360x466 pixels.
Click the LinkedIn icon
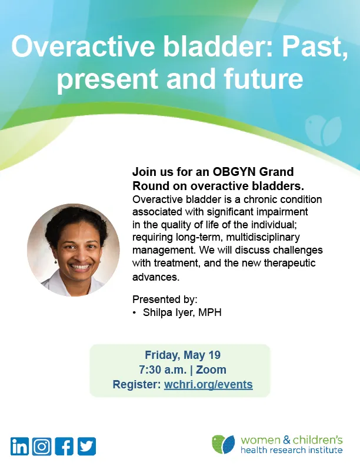pyautogui.click(x=19, y=447)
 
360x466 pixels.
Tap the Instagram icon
pyautogui.click(x=42, y=447)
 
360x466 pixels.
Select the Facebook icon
pyautogui.click(x=64, y=447)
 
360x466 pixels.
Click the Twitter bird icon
pyautogui.click(x=86, y=447)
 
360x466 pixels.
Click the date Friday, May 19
pyautogui.click(x=179, y=355)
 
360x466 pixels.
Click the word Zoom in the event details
pyautogui.click(x=211, y=370)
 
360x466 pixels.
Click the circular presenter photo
pyautogui.click(x=73, y=249)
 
